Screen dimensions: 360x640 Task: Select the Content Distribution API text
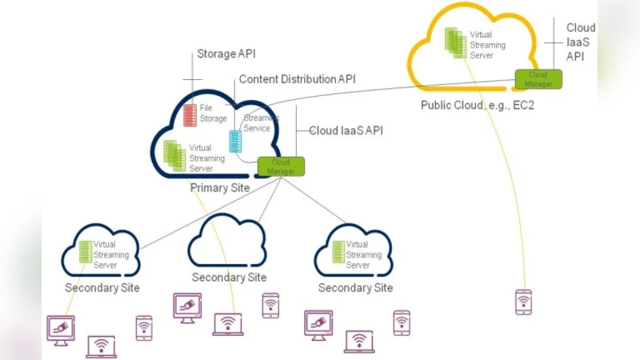[x=297, y=79]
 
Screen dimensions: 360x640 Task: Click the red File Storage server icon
[x=190, y=114]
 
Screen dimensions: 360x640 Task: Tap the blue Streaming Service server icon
[x=235, y=141]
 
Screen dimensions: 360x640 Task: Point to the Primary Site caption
[x=219, y=188]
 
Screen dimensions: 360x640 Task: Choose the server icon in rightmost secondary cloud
[x=338, y=253]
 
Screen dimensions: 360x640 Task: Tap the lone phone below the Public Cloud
[x=522, y=302]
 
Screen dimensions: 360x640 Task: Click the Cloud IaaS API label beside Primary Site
[x=346, y=130]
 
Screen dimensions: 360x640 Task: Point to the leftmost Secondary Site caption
[x=102, y=287]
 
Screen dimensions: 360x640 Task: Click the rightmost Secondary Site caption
[x=355, y=287]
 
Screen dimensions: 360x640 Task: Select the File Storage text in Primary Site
[x=214, y=114]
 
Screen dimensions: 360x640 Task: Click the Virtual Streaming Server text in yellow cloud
[x=487, y=45]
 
